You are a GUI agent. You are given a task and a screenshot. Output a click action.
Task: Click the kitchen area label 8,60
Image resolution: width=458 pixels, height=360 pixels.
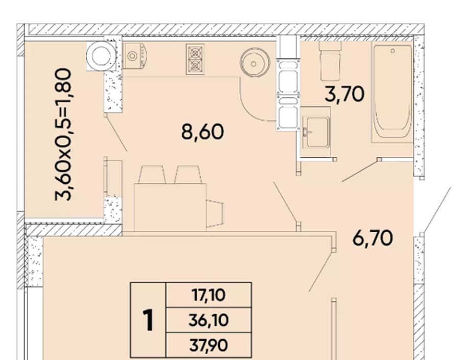[x=203, y=132]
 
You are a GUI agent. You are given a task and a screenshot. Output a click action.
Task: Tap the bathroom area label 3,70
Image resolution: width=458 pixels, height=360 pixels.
[x=345, y=94]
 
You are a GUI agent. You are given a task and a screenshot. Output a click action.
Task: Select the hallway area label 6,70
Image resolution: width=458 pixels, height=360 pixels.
[x=373, y=238]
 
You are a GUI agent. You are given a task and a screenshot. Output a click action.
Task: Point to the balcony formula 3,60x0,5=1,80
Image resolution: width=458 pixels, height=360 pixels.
[x=63, y=134]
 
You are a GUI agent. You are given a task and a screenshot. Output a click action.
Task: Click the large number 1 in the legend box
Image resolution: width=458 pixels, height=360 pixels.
[x=149, y=320]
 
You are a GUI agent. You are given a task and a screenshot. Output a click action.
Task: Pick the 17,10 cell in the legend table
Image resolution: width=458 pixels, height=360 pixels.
[x=209, y=295]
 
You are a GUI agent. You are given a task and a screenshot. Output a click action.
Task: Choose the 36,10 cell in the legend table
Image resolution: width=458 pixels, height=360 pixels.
[x=209, y=320]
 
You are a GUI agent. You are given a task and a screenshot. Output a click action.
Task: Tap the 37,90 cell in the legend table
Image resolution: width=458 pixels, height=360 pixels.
[x=209, y=345]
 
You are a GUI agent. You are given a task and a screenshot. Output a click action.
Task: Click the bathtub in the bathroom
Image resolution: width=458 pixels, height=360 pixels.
[x=392, y=92]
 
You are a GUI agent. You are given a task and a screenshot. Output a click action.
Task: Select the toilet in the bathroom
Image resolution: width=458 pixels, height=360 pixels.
[x=331, y=61]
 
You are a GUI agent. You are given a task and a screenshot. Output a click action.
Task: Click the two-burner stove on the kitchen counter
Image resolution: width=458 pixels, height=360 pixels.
[x=195, y=60]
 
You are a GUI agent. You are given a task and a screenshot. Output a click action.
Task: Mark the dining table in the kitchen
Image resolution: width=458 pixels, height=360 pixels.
[x=170, y=207]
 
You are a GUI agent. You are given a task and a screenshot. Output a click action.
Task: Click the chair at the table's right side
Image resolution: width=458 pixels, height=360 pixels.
[x=215, y=213]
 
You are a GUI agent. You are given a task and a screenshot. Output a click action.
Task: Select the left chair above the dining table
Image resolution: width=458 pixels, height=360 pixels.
[x=152, y=175]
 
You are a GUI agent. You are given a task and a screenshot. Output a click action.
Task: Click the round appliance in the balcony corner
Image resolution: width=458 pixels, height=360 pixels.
[x=101, y=56]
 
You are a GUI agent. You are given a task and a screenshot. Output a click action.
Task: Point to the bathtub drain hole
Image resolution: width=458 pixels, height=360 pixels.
[x=393, y=51]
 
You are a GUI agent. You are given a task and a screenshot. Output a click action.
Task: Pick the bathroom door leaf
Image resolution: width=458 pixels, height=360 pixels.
[x=360, y=170]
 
